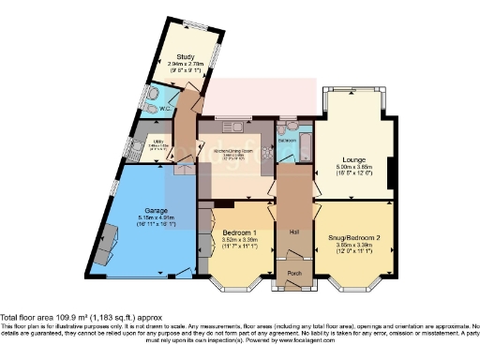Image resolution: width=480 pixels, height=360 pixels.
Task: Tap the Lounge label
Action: pos(352,159)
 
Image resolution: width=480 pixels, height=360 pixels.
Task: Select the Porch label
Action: pos(292,275)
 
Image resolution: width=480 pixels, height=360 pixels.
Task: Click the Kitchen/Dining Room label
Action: pos(232,151)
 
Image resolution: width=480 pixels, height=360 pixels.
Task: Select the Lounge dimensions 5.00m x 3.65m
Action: pos(352,168)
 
